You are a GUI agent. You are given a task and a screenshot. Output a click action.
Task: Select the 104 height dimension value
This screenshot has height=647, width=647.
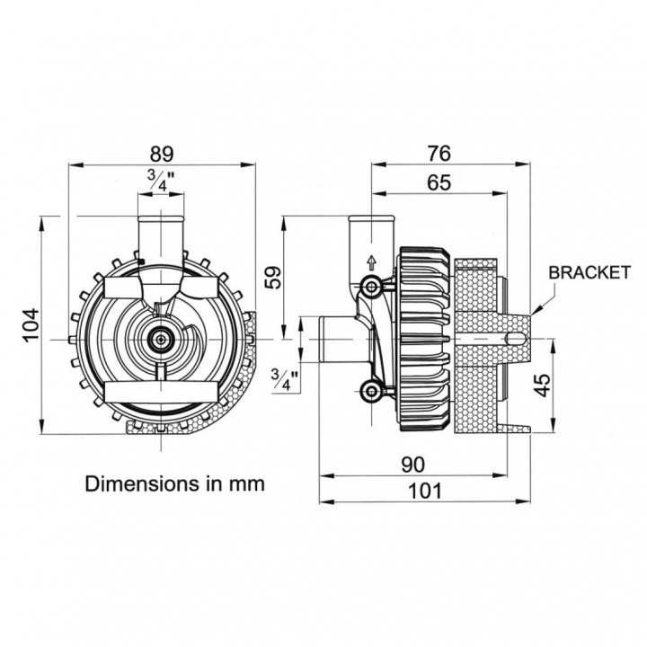(x=31, y=326)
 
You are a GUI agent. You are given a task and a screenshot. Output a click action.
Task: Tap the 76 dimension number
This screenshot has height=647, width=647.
(x=439, y=152)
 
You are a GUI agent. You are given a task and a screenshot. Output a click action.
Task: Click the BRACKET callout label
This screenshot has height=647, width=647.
(x=589, y=272)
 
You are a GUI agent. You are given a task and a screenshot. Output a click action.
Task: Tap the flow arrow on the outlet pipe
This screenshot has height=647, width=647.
(x=369, y=262)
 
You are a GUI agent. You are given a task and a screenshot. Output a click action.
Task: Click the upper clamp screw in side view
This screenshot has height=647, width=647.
(x=370, y=287)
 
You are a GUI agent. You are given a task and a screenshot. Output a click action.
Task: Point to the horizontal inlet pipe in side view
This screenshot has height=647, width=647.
(x=330, y=339)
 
